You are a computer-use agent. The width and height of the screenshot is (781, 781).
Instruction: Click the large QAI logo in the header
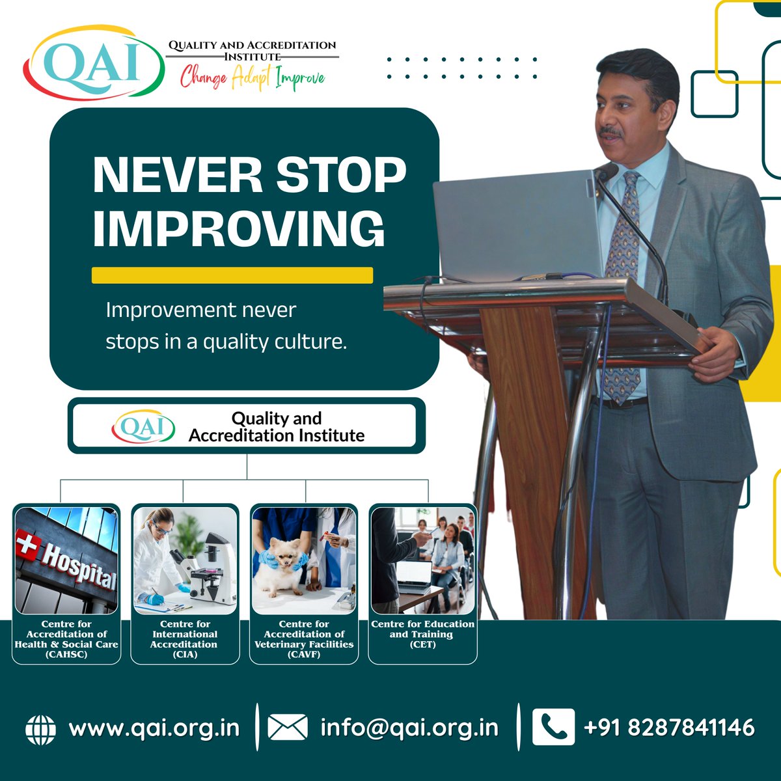pos(94,63)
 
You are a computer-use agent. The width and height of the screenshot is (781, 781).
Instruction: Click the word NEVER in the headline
pos(178,175)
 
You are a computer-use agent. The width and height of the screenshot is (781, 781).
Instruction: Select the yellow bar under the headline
pos(232,275)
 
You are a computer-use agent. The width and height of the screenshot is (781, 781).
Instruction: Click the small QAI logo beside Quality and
pos(143,426)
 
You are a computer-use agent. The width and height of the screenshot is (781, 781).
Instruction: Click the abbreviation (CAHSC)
pos(66,654)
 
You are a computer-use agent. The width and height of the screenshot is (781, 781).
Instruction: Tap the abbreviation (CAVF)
pos(304,654)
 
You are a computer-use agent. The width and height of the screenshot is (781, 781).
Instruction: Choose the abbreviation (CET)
pos(423,644)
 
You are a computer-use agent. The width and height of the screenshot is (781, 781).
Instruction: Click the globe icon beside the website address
pos(40,730)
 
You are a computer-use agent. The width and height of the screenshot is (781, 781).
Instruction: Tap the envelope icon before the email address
pos(288,727)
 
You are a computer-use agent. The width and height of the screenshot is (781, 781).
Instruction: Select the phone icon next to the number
pos(553,727)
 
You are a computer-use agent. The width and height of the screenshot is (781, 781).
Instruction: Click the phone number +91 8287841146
pos(669,727)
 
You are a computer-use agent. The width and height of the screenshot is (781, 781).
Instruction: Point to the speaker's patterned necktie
pos(623,284)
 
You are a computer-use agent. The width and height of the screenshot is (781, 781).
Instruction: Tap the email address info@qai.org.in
pos(409,728)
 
